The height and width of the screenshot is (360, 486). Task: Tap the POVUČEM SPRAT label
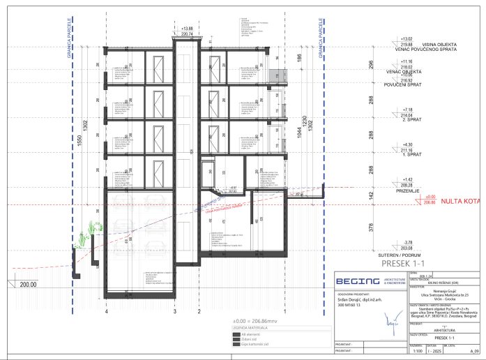point(409,86)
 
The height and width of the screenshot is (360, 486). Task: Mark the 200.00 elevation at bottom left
point(28,285)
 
